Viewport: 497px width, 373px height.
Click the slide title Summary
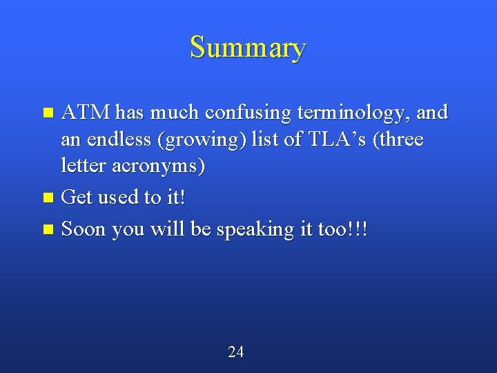(x=248, y=48)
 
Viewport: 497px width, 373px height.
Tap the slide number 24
(x=235, y=352)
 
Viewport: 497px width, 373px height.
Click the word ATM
(x=86, y=112)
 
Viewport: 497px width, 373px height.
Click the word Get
(x=76, y=198)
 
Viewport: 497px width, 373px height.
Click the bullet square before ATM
(x=48, y=112)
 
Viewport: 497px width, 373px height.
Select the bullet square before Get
(x=48, y=198)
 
